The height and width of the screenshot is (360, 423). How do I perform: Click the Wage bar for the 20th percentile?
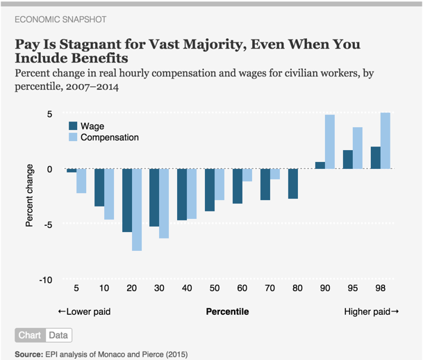[x=126, y=200]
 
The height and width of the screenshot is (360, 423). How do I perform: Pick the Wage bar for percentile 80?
[x=292, y=183]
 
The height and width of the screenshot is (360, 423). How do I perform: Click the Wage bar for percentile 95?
[x=348, y=159]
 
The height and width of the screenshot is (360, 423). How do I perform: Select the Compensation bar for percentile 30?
[x=164, y=204]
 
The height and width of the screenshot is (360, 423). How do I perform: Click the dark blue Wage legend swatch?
[x=72, y=126]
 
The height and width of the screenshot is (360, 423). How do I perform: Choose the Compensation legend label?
[x=110, y=137]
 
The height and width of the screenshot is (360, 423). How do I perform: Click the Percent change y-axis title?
[x=30, y=195]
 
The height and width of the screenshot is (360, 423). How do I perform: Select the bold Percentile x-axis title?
[x=228, y=312]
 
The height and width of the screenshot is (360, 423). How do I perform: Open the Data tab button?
[x=58, y=335]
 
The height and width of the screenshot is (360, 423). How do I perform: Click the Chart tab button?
[x=30, y=335]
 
